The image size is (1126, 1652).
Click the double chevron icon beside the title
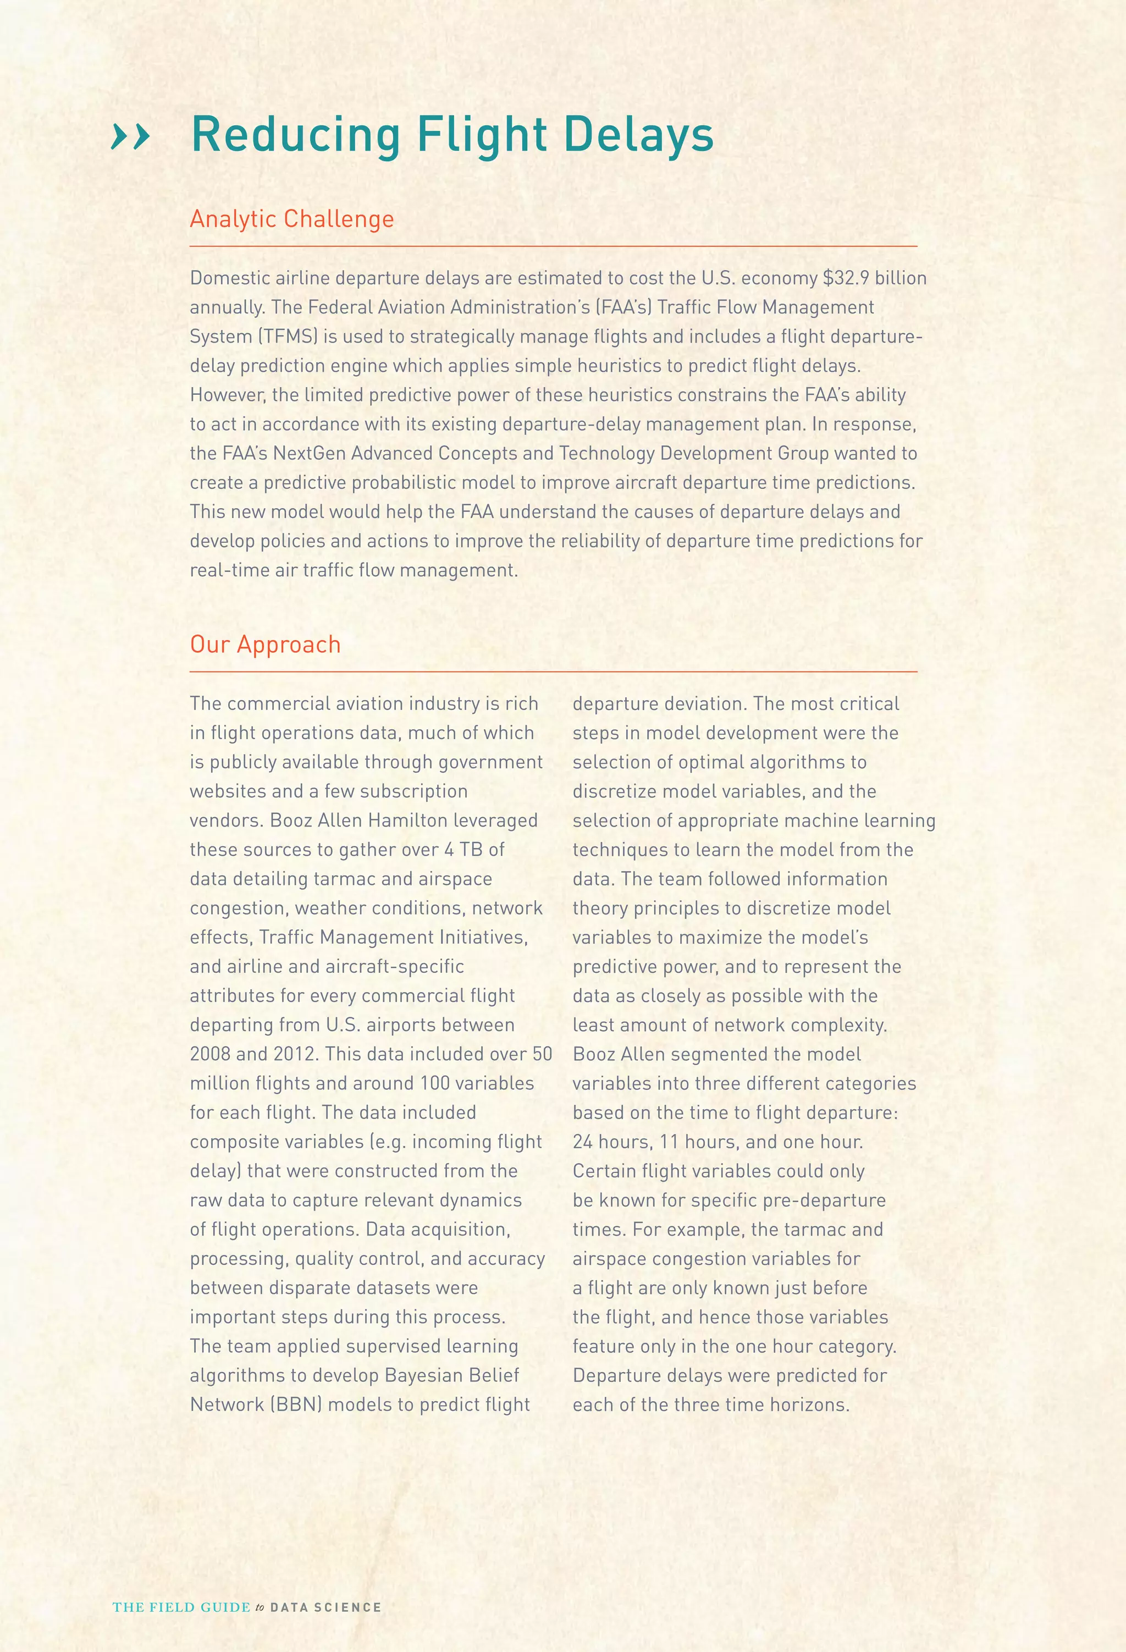(x=131, y=136)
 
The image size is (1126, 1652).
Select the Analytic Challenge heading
(x=291, y=219)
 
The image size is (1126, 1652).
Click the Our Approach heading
(x=265, y=644)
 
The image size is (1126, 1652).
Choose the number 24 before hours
(x=583, y=1142)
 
